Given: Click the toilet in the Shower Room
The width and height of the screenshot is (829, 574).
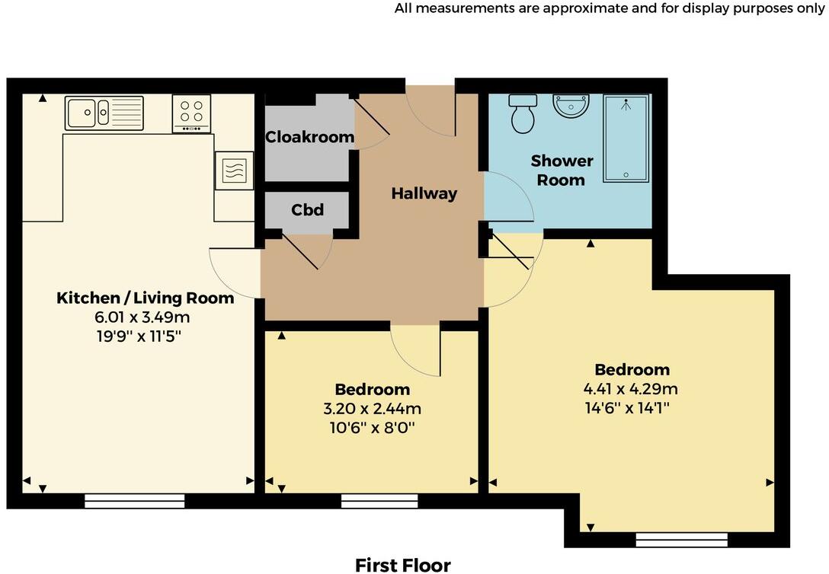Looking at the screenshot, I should (x=523, y=114).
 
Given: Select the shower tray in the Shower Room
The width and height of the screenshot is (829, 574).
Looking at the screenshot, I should (x=626, y=139).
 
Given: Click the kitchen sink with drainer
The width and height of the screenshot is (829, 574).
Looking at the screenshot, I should (x=104, y=113).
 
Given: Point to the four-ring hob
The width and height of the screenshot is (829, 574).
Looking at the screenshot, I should (x=191, y=113).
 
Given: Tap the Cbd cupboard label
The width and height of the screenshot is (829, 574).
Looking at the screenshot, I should (x=307, y=209).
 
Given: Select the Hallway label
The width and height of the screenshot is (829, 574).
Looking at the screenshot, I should (x=424, y=193).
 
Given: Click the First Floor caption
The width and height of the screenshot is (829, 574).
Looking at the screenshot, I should (x=402, y=564).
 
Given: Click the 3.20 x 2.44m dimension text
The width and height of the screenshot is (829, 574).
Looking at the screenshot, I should (x=372, y=409).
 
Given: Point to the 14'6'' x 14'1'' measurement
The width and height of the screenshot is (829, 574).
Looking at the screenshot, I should (x=632, y=407).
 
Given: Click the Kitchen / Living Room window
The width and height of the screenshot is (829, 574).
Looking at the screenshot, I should (x=134, y=500).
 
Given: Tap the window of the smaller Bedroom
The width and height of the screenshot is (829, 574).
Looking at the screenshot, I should (x=379, y=500).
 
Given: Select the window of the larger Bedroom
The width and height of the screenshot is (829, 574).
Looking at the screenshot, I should (x=681, y=540).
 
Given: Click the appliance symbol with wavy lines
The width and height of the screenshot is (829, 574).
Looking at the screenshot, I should (x=234, y=170).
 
